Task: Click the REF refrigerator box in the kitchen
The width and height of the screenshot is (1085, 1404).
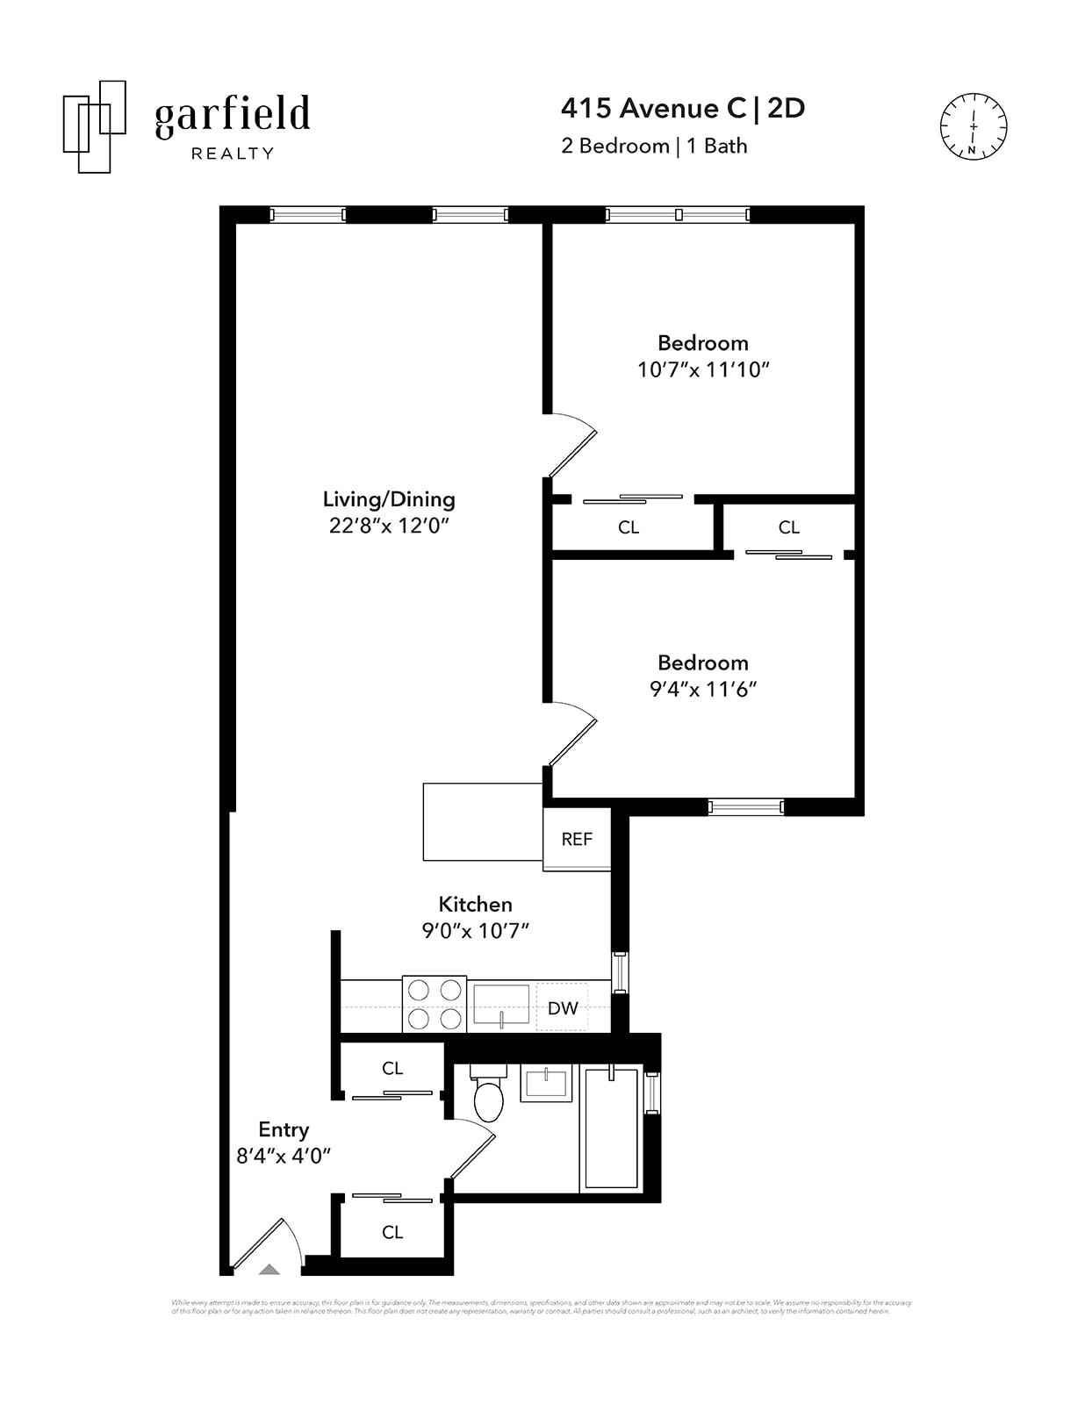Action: (577, 839)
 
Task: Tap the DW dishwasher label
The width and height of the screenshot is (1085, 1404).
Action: (563, 1008)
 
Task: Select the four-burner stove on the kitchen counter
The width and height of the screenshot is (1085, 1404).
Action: (435, 1004)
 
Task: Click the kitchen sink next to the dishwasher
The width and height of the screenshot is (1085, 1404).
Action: (501, 1005)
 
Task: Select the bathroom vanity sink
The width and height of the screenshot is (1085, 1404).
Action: (546, 1082)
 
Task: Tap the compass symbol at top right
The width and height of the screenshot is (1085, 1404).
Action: (974, 126)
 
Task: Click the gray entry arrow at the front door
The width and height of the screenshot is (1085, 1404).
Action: (269, 1268)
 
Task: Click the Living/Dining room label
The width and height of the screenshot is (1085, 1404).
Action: (389, 499)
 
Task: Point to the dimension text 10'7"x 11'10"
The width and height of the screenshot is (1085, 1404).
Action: (703, 369)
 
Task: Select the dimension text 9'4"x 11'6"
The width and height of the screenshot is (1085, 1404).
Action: (703, 689)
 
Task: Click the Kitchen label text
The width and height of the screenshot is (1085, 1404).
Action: (475, 904)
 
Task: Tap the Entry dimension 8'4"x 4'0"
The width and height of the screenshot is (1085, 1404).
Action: (284, 1156)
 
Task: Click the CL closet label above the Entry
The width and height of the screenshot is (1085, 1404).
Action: (392, 1068)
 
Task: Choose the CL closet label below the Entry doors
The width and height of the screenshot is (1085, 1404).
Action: (392, 1232)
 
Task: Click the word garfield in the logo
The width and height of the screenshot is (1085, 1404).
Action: (233, 115)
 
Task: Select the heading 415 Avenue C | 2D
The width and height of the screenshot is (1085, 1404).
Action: (683, 108)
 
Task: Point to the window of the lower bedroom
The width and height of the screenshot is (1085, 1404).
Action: (745, 806)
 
